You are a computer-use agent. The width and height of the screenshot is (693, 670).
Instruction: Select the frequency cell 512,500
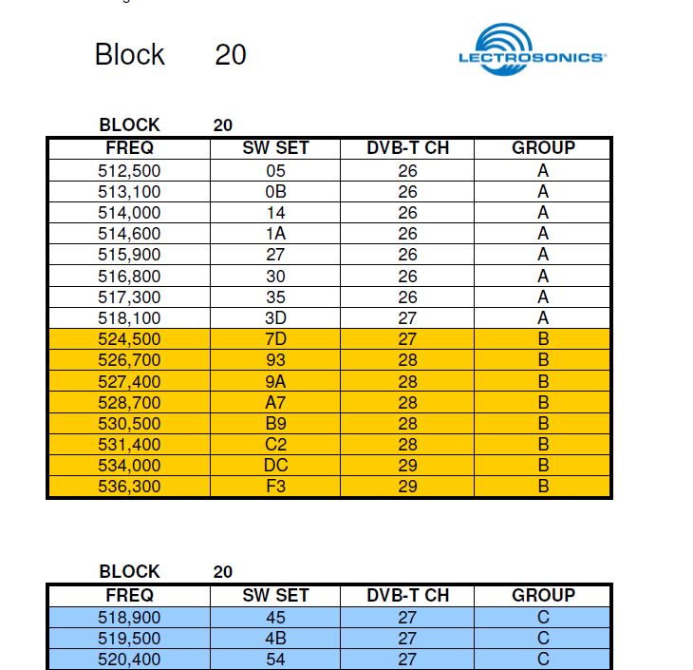point(129,171)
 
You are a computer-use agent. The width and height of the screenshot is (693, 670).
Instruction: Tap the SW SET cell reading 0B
point(275,192)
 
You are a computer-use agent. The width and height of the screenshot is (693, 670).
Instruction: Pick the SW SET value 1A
point(275,234)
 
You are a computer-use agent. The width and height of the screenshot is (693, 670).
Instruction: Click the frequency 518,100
point(129,318)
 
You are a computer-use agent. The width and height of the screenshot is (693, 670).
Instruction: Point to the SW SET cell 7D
point(275,339)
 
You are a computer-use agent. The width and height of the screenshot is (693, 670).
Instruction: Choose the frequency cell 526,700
point(129,360)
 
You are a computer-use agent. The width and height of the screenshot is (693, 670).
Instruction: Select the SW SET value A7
point(275,402)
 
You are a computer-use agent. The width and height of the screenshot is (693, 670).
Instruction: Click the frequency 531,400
point(129,445)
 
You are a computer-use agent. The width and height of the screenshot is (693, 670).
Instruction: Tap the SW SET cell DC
point(275,466)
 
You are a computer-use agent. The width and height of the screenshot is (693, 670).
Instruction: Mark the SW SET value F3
point(275,487)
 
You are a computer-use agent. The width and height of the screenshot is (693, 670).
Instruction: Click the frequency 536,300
point(129,487)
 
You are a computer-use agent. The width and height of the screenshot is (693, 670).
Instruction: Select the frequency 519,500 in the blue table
point(129,639)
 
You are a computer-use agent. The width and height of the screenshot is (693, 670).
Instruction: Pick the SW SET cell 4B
point(275,639)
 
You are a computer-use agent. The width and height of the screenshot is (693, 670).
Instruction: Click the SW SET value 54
point(275,660)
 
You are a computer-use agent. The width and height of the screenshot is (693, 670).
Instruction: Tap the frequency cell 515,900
point(129,255)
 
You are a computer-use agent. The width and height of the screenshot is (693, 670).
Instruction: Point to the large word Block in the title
point(130,54)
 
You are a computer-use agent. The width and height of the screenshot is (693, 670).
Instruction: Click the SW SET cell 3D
point(275,318)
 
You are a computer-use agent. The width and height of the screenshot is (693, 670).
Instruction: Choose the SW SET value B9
point(275,424)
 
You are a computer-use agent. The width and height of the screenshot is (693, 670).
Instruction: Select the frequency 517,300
point(129,297)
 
